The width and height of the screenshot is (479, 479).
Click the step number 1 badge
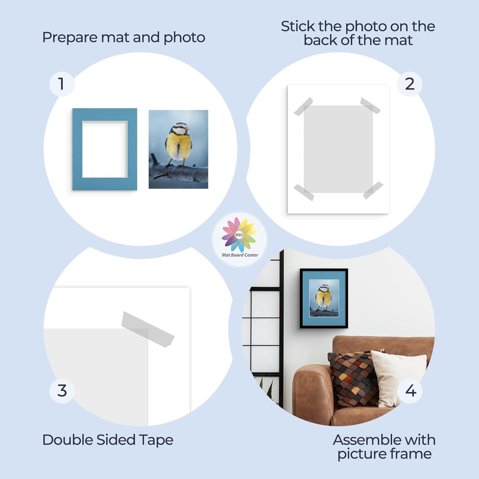click(x=62, y=84)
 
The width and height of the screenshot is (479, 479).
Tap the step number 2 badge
click(x=410, y=84)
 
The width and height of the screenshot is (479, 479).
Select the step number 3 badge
click(x=62, y=391)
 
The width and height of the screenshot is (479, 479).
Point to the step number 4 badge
click(x=410, y=391)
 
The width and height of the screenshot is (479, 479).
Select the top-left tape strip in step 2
click(x=303, y=106)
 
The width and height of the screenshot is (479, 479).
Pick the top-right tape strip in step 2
click(x=370, y=105)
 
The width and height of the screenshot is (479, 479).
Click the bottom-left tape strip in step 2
click(x=304, y=193)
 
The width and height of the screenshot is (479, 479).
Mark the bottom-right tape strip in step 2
click(x=373, y=190)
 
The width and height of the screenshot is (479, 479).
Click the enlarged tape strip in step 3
click(x=148, y=329)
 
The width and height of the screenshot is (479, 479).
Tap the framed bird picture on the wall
click(x=324, y=298)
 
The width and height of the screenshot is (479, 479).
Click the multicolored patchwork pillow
click(x=353, y=378)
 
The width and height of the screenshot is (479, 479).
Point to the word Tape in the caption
click(x=156, y=440)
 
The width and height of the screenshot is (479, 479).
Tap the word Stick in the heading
click(x=297, y=27)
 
